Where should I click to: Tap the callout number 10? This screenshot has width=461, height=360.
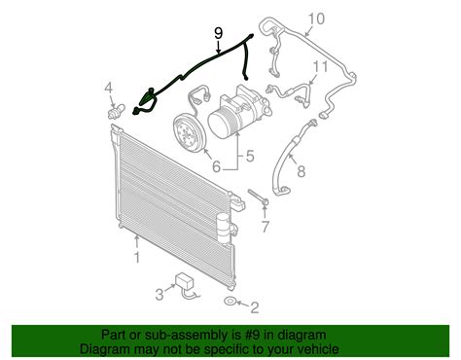pos(316,18)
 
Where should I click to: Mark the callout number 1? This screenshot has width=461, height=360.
pos(137,258)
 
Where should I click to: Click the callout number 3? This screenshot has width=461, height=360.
pos(160,294)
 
